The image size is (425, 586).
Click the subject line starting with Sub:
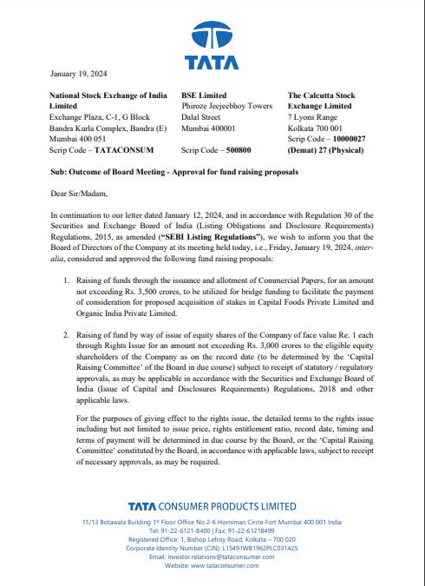pyautogui.click(x=173, y=172)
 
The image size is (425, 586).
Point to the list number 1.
pyautogui.click(x=67, y=283)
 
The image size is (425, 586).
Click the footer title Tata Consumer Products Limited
pyautogui.click(x=212, y=506)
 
